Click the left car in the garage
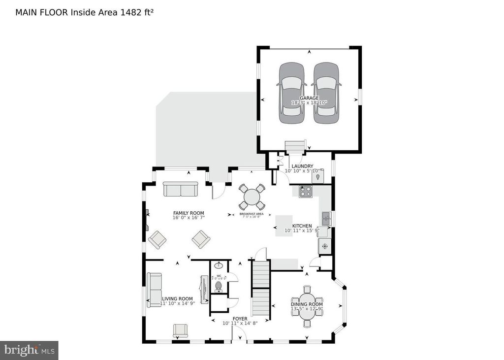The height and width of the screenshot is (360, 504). [x=291, y=94]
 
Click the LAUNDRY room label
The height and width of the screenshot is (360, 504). [x=302, y=166]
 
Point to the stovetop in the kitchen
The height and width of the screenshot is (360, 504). [x=306, y=191]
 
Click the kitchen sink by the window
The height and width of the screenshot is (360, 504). [x=326, y=217]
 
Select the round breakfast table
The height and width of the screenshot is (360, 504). [x=252, y=197]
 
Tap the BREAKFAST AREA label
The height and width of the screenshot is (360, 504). [x=252, y=214]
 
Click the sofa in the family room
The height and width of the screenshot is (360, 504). [x=180, y=189]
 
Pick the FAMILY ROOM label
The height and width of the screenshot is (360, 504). [x=189, y=213]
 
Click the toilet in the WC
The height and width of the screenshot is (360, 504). [x=219, y=286]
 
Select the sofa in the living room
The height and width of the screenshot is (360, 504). [x=155, y=289]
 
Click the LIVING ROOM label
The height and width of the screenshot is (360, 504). [x=178, y=298]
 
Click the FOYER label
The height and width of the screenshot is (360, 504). [x=240, y=319]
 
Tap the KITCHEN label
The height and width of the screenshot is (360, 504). [x=302, y=226]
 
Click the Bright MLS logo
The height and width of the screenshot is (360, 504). [x=29, y=350]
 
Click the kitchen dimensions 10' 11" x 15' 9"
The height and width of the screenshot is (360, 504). [x=302, y=230]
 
